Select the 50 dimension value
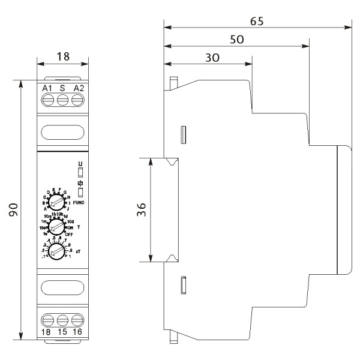coord(237,38)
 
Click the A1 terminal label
coord(47,89)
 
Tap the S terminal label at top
coord(62,89)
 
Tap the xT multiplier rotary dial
coord(57,252)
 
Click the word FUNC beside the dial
coord(78,203)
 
